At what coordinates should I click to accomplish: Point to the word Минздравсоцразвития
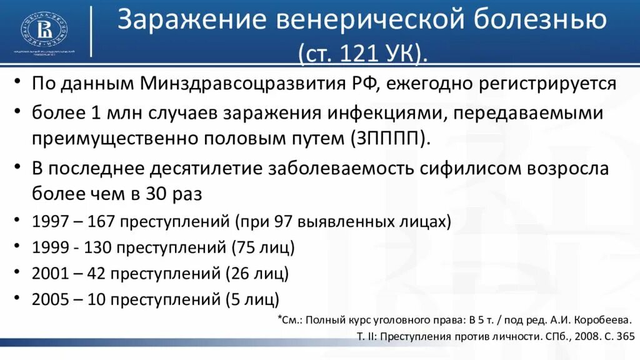coord(257,84)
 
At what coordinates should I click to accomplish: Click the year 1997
coord(47,221)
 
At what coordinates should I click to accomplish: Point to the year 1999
coord(47,247)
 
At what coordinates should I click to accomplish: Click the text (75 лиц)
coord(262,247)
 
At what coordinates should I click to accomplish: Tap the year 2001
coord(47,273)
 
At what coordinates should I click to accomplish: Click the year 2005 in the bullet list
coord(47,299)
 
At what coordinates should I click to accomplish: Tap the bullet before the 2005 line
coord(22,299)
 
